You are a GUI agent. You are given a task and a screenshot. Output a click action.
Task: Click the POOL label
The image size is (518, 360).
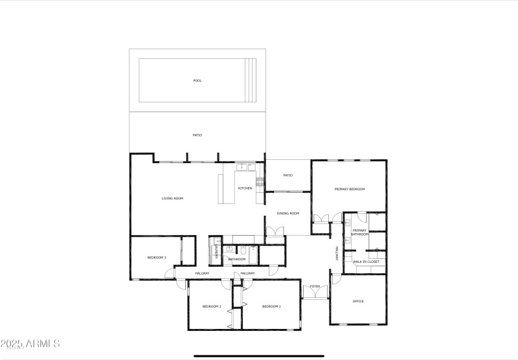click(x=197, y=81)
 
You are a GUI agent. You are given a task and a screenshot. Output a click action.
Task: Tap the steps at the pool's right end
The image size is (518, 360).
click(x=251, y=80)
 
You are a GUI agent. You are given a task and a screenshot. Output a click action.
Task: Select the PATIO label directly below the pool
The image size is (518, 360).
click(x=197, y=135)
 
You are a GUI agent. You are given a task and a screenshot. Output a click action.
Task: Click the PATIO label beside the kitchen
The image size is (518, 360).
click(x=288, y=175)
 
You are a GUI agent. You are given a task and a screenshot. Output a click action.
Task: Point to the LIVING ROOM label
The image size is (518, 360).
click(x=172, y=198)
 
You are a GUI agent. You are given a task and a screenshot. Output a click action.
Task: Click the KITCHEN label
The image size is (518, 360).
click(x=245, y=188)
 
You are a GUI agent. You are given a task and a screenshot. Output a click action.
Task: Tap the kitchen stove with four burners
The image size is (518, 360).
click(x=260, y=182)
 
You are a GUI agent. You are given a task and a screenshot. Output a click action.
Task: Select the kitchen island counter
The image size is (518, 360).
click(x=228, y=188)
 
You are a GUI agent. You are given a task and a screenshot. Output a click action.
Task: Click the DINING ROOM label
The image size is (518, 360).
click(x=288, y=213)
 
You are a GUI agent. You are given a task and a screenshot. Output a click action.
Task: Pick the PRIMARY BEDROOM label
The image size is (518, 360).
click(x=350, y=189)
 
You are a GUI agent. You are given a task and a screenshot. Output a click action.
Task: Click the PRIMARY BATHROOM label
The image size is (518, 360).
click(x=359, y=232)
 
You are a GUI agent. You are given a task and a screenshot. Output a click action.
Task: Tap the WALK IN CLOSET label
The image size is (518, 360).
click(x=366, y=262)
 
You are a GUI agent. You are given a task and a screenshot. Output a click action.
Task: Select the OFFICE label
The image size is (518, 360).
click(x=358, y=301)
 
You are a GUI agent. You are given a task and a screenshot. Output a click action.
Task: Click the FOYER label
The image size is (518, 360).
click(x=315, y=286)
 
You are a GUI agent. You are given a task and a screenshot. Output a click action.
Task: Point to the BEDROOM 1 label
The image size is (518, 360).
click(x=271, y=306)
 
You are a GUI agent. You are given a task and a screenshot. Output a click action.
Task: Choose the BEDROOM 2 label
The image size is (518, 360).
click(x=212, y=306)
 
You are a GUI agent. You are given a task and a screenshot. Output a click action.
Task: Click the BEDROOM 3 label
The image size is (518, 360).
click(x=157, y=258)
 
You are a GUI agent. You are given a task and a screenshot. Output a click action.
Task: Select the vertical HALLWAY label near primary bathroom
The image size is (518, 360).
click(x=337, y=253)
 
